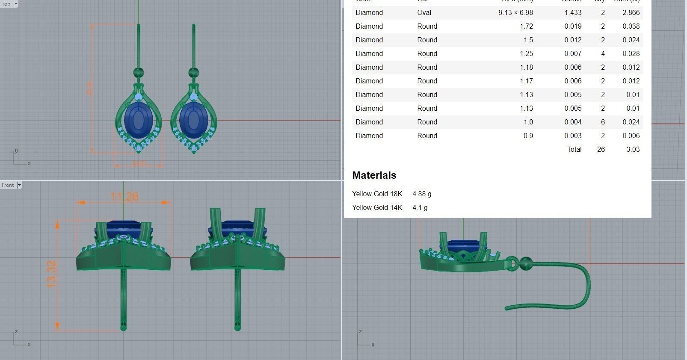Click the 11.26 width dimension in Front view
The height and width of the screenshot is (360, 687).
(x=124, y=197)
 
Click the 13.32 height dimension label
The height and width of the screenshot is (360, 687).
(x=52, y=274)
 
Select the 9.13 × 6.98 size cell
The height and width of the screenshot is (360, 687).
(x=515, y=13)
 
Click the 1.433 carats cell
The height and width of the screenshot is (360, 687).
(x=573, y=13)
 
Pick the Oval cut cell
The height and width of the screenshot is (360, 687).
(x=424, y=13)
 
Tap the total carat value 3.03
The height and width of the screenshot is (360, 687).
(x=633, y=149)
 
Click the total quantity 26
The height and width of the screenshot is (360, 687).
(x=601, y=149)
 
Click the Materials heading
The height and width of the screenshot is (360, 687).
(x=374, y=175)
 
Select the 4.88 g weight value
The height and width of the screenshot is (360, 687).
(x=422, y=194)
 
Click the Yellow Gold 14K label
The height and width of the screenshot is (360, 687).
(x=377, y=207)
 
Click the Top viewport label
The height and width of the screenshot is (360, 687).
(x=6, y=4)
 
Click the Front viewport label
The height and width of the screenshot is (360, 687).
(x=8, y=185)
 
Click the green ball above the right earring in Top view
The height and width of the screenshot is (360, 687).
(x=193, y=72)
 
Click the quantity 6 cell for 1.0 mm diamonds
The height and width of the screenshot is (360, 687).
(x=603, y=122)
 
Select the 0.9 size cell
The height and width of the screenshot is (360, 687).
(x=528, y=136)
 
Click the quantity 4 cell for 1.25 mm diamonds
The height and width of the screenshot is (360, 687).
(x=603, y=53)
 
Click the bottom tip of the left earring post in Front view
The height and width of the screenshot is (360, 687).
(x=124, y=328)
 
